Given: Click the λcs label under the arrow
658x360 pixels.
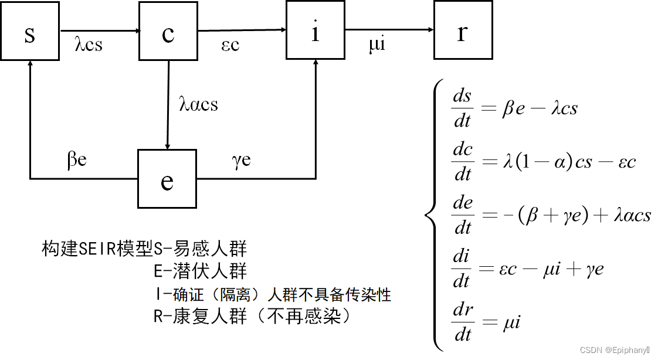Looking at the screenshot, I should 89,45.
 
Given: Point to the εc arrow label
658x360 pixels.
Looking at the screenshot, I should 230,45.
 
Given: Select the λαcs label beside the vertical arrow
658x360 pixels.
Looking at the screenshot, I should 198,104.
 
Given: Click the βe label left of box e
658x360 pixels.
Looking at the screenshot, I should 77,159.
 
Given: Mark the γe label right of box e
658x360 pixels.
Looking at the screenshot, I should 241,159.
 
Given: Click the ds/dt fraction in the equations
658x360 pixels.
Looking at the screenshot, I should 463,109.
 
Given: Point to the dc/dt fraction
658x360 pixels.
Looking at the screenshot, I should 463,162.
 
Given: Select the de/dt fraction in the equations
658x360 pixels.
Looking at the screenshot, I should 463,215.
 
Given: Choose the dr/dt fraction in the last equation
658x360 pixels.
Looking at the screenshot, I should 463,322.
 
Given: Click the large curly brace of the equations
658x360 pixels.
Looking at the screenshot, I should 432,215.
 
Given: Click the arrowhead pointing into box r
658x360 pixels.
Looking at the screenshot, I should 430,30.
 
